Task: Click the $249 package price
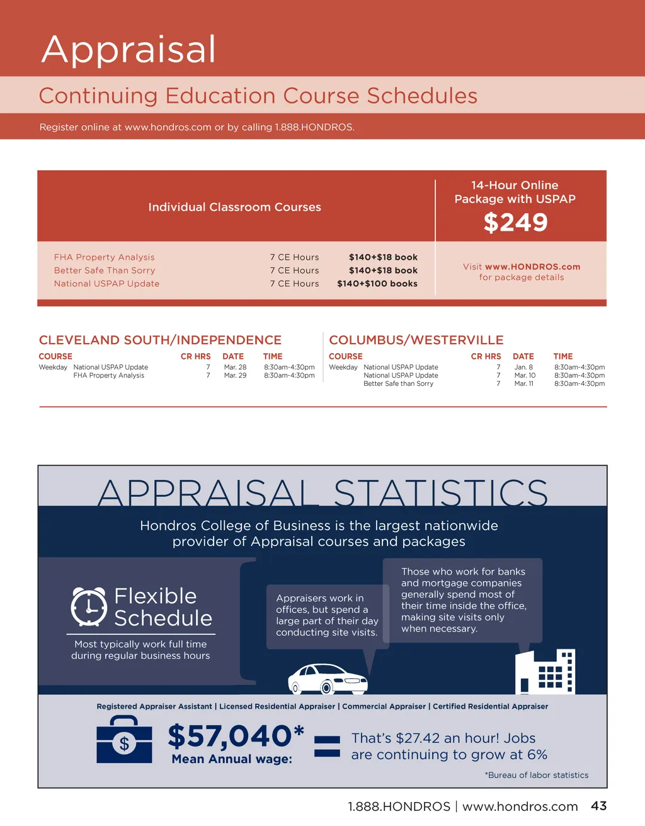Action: (515, 223)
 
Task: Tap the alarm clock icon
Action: (89, 607)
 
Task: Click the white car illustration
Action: (328, 679)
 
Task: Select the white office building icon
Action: (545, 672)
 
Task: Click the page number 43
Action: (598, 806)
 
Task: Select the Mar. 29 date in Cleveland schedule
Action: (235, 376)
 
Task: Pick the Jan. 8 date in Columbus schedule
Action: (523, 368)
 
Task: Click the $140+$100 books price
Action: (377, 284)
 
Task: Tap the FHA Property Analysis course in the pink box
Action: (104, 257)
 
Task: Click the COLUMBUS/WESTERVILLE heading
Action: (416, 340)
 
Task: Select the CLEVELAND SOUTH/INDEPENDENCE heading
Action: (160, 340)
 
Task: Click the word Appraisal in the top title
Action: (128, 50)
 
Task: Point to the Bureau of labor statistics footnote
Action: (537, 776)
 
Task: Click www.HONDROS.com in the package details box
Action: (532, 267)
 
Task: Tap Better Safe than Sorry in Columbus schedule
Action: (398, 384)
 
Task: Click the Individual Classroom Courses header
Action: (234, 207)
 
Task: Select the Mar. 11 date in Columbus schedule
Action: (523, 384)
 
